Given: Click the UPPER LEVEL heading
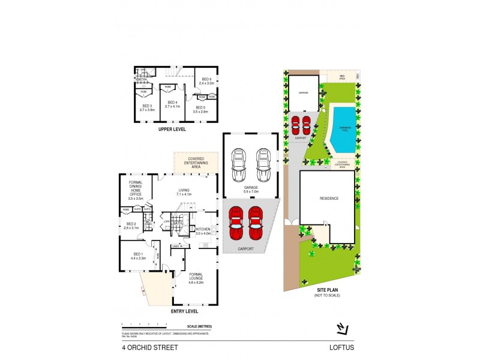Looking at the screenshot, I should point(172,129).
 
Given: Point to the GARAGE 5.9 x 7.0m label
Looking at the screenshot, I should point(251,189).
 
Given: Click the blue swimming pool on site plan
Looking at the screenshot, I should point(342,128).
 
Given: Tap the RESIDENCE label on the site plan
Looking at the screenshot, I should point(329,199).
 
